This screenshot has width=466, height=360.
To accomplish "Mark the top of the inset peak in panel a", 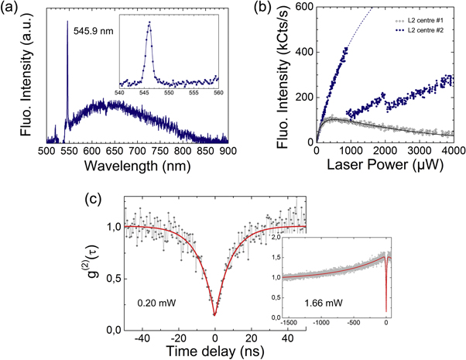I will tap(149, 22).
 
